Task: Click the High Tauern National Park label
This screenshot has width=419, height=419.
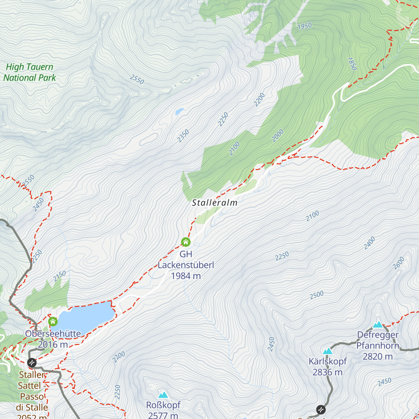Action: click(30, 72)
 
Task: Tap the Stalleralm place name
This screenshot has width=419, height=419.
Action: click(215, 203)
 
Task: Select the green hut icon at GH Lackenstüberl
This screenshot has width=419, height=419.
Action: click(186, 242)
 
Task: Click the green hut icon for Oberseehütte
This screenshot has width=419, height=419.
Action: click(53, 321)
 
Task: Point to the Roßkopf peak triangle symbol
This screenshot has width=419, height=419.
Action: click(163, 395)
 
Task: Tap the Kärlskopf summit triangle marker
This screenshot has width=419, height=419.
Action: click(327, 351)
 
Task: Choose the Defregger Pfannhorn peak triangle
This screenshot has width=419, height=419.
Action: click(378, 325)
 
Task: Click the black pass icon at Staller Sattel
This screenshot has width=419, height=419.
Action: click(32, 363)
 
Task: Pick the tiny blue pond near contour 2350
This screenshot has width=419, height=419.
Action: click(179, 111)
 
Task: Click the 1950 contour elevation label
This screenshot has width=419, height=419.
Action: click(304, 26)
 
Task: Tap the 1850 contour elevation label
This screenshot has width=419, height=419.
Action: click(352, 64)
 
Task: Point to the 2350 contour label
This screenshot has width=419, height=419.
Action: click(183, 136)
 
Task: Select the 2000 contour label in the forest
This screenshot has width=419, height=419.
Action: click(278, 136)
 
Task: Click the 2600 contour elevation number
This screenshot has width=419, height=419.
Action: click(399, 263)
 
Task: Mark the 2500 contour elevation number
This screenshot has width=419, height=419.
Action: click(317, 295)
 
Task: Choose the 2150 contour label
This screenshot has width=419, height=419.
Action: click(60, 276)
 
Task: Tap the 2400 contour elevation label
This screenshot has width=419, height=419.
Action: click(369, 243)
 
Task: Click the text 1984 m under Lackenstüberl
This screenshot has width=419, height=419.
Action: click(186, 276)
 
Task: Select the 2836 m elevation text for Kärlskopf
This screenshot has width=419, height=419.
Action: click(327, 372)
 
